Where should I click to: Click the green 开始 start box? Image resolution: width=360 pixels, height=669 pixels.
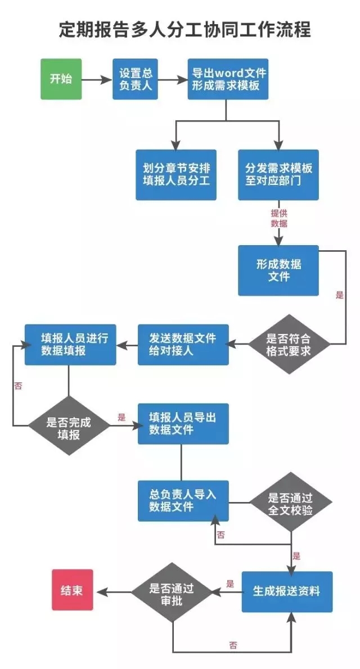click(61, 79)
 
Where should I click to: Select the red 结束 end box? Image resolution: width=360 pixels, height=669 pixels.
click(72, 590)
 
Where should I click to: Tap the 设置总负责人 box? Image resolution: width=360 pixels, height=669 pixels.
click(135, 79)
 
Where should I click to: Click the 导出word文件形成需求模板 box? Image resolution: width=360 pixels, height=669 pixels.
click(227, 79)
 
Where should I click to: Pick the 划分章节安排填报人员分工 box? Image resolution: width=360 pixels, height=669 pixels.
click(176, 174)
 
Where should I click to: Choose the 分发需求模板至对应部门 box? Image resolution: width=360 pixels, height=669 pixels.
click(278, 174)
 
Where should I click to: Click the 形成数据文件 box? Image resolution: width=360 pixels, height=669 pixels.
click(278, 270)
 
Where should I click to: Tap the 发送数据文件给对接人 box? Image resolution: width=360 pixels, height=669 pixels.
click(183, 345)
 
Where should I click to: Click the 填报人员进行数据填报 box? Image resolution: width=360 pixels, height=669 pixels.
click(70, 345)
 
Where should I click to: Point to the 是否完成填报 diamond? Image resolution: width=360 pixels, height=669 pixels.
click(69, 426)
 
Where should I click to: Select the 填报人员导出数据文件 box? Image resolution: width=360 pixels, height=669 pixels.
click(183, 423)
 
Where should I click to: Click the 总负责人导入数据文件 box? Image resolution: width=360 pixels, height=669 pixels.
click(183, 500)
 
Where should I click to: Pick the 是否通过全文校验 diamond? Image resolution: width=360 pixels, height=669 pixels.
click(290, 502)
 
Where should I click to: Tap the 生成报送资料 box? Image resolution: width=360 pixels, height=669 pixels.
click(287, 591)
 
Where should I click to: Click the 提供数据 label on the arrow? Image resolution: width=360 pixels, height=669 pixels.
click(278, 218)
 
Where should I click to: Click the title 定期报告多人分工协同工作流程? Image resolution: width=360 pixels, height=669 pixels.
click(185, 30)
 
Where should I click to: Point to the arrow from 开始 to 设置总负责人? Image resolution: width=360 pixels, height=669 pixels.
click(97, 79)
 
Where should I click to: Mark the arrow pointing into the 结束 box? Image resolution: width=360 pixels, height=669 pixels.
click(112, 591)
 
